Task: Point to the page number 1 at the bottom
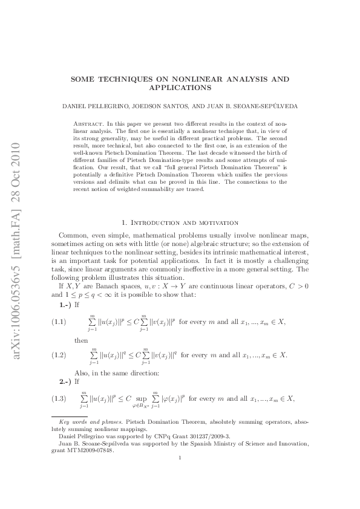(180, 475)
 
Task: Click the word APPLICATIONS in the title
(180, 88)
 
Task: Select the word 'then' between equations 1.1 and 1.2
(81, 340)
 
